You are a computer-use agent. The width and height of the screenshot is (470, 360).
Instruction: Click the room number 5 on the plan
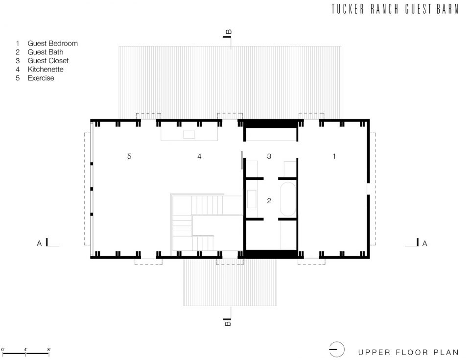[x=129, y=156]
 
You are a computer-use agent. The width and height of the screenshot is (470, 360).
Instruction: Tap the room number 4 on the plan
[x=199, y=156]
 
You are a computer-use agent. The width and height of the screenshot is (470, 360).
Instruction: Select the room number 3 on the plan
[x=269, y=156]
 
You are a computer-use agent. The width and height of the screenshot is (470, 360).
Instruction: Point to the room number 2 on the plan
[x=269, y=201]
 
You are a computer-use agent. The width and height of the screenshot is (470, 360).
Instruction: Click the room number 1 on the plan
[x=334, y=156]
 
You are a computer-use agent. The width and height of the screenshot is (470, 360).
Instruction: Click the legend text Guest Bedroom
[x=52, y=44]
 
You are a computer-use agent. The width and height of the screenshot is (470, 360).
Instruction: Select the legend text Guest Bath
[x=46, y=52]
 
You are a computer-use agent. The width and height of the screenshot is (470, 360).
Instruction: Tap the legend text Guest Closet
[x=48, y=61]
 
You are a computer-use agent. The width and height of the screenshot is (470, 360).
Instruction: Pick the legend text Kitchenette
[x=46, y=69]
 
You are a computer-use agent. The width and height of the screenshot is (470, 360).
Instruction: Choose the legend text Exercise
[x=41, y=78]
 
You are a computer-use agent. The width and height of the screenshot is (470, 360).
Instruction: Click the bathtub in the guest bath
[x=288, y=199]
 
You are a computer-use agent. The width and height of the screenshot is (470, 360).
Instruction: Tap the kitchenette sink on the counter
[x=189, y=134]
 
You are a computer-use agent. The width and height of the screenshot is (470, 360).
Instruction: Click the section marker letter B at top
[x=229, y=32]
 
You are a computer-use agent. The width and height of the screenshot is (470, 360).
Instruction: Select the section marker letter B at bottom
[x=228, y=323]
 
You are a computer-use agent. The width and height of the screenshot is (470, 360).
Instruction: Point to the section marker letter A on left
[x=39, y=243]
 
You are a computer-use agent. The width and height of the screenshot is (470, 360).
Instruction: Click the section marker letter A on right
[x=425, y=243]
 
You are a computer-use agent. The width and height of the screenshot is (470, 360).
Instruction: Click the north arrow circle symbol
[x=337, y=350]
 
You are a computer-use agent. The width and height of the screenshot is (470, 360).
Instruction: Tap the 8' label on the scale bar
[x=48, y=350]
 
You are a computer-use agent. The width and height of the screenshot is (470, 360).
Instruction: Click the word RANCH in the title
[x=385, y=9]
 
